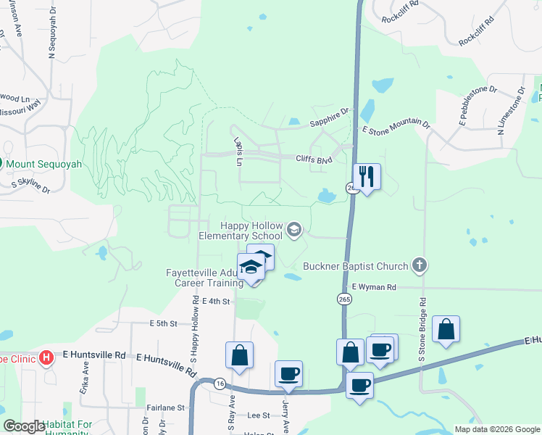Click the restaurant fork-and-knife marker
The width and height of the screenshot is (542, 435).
(367, 176)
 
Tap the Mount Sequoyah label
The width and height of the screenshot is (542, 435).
(44, 164)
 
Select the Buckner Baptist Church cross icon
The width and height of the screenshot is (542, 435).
(419, 265)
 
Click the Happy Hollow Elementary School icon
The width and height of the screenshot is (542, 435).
(293, 231)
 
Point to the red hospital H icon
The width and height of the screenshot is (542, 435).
(46, 357)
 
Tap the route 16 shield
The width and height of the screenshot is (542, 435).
(219, 384)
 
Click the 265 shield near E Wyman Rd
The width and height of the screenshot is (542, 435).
(341, 299)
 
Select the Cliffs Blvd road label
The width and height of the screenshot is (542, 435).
(313, 159)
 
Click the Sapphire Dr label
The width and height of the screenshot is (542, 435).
(330, 117)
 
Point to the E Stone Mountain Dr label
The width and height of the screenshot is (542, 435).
(396, 128)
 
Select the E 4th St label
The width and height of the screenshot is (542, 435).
(216, 301)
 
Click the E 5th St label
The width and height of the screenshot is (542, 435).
(163, 323)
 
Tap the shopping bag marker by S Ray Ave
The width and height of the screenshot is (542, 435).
(239, 355)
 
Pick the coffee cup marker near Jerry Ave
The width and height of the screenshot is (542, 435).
(288, 374)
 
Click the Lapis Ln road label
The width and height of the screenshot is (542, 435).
(237, 151)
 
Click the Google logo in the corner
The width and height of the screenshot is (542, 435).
(24, 426)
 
